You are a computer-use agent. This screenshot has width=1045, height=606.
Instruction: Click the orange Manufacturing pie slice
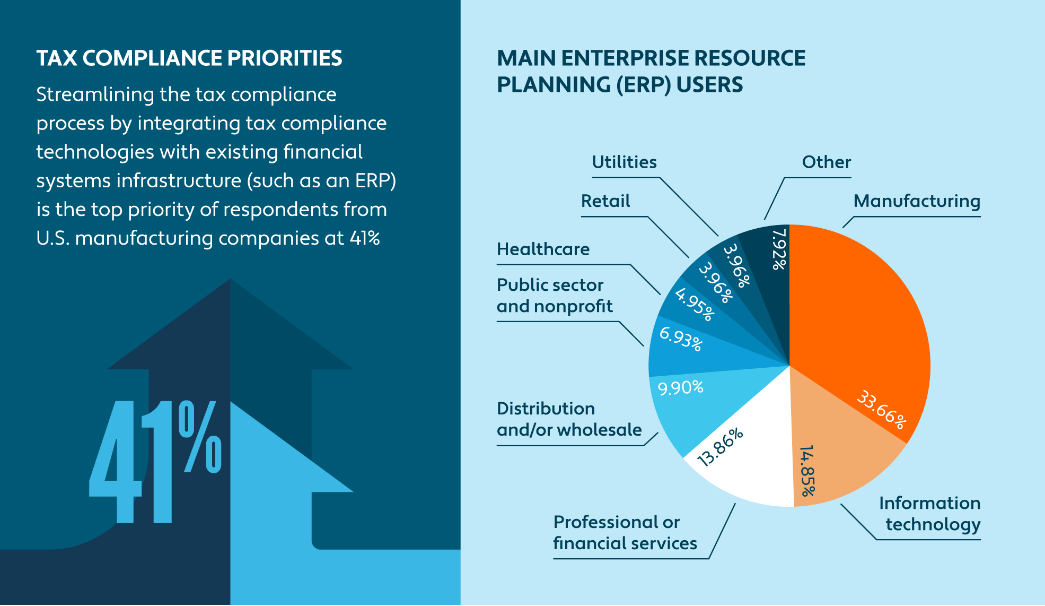[859, 318]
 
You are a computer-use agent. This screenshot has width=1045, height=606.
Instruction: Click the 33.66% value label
[882, 409]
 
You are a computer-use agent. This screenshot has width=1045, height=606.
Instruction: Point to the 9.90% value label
[680, 387]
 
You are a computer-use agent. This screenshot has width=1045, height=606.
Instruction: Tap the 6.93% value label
[681, 339]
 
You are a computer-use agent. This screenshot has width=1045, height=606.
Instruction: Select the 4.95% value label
[695, 304]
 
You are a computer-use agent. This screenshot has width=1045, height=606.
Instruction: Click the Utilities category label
[624, 162]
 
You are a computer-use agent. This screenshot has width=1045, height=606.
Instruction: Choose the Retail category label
[605, 201]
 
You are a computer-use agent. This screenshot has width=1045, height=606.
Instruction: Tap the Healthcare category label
[543, 249]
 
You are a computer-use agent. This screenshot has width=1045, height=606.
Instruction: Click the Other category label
[826, 162]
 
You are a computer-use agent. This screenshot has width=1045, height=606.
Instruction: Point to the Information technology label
[930, 514]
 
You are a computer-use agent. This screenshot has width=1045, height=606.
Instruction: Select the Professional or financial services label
[625, 533]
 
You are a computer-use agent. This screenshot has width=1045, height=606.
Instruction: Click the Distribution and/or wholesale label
[569, 419]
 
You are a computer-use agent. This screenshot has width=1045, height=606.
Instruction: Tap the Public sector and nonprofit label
[555, 296]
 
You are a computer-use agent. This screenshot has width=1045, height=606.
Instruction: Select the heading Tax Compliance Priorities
[189, 58]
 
